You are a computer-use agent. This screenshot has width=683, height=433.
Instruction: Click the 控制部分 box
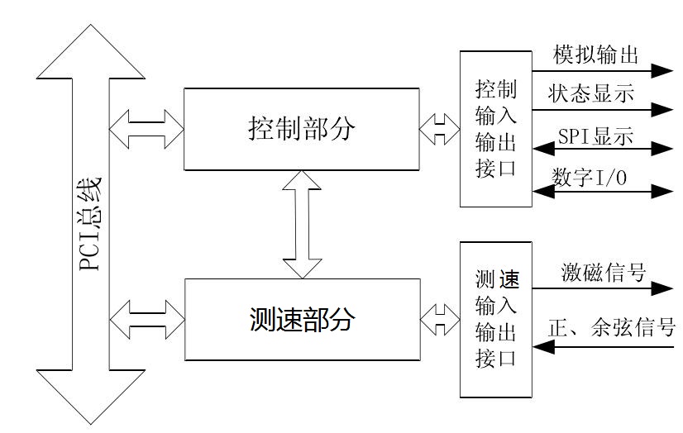click(301, 128)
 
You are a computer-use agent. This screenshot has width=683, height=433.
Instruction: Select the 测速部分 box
click(301, 318)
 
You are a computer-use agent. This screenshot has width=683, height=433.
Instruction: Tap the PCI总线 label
click(89, 223)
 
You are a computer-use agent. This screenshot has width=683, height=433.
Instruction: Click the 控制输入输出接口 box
click(496, 128)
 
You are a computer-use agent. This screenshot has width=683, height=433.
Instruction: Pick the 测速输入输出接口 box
click(496, 318)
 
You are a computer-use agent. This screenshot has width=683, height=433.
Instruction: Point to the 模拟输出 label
click(596, 55)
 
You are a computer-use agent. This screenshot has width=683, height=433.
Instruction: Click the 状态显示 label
click(590, 93)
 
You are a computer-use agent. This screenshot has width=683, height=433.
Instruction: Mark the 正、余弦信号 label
click(611, 327)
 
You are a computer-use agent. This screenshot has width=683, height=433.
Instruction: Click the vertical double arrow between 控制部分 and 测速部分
click(301, 224)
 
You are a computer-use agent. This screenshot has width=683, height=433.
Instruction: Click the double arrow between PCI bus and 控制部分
click(146, 128)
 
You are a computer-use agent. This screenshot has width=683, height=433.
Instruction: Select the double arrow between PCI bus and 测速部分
click(146, 318)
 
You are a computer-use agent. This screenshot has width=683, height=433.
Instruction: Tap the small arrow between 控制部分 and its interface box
click(439, 128)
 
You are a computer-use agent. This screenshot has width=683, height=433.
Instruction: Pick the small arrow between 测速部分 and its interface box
click(439, 318)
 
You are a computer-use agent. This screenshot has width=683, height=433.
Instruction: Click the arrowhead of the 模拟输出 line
click(662, 70)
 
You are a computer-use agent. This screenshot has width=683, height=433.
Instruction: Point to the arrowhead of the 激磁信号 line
click(662, 288)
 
